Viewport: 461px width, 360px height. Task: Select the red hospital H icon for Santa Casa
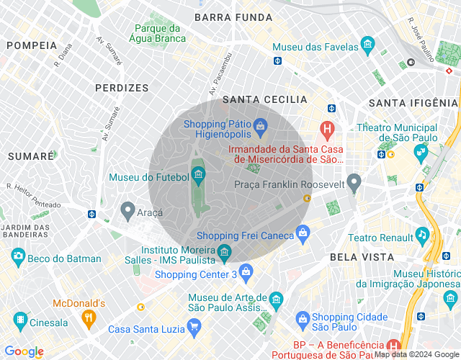(328, 132)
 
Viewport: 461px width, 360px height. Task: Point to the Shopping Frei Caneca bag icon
(303, 233)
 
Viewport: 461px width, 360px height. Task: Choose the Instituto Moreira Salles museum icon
(224, 252)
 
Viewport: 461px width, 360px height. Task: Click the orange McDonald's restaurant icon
(89, 317)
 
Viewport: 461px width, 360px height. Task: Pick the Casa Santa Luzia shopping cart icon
(193, 328)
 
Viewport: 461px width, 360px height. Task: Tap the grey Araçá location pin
(127, 211)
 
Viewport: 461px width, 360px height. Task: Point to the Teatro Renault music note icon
(422, 234)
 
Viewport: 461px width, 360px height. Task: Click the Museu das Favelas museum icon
(367, 46)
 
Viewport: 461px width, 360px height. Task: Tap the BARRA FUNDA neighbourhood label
(233, 17)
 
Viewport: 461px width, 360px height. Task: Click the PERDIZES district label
(122, 88)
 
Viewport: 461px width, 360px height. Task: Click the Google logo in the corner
(24, 351)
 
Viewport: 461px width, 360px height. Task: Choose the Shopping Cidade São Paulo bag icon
(303, 318)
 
